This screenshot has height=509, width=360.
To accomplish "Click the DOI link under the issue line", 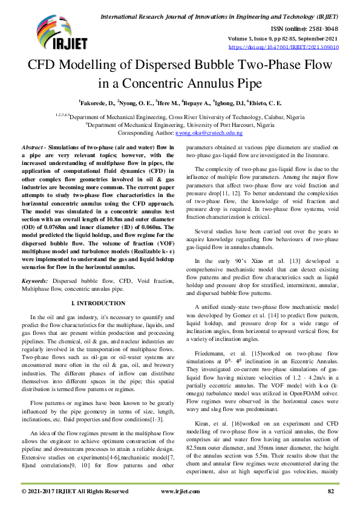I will coord(283,46).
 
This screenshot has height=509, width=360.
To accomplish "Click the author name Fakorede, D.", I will coord(96,103).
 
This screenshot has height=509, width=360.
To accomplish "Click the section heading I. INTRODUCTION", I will coord(97,302).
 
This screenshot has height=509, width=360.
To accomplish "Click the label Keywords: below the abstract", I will coord(36,281).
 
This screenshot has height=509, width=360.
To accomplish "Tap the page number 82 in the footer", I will coord(332,491).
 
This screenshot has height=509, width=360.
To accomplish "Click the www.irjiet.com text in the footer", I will coord(180,491).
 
